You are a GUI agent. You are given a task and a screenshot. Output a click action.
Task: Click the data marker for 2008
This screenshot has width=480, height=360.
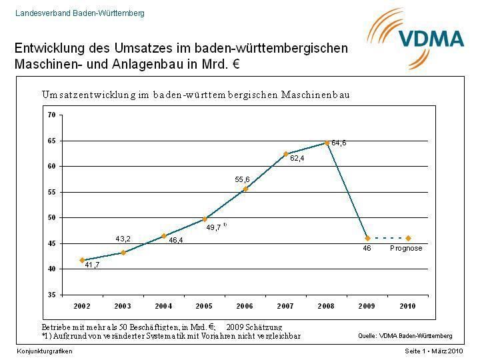coord(327,143)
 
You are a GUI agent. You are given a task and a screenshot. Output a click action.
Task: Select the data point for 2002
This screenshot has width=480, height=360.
coord(82,260)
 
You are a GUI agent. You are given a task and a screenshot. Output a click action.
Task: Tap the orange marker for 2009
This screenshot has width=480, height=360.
coord(367,238)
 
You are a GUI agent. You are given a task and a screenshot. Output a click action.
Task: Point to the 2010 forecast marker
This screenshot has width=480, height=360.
coord(408,238)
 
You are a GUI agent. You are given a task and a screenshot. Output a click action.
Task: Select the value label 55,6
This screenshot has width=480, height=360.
coord(242,179)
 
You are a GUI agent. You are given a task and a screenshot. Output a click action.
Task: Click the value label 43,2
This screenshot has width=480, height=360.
coord(123,239)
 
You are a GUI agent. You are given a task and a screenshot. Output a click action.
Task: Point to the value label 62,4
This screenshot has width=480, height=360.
coord(297,159)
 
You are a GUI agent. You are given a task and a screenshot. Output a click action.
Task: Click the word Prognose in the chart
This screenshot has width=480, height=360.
coord(406,248)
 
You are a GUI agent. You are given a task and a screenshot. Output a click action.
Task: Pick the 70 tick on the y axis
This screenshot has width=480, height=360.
coord(51,114)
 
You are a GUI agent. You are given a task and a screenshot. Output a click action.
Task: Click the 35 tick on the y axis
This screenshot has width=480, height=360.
coord(51,295)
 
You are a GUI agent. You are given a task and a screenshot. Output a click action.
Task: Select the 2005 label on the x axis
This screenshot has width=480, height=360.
coord(204,306)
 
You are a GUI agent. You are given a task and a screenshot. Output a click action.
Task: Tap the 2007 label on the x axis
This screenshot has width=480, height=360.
coord(286,306)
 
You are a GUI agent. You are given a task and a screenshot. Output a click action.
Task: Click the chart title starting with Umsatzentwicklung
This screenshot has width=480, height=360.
coord(196,95)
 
